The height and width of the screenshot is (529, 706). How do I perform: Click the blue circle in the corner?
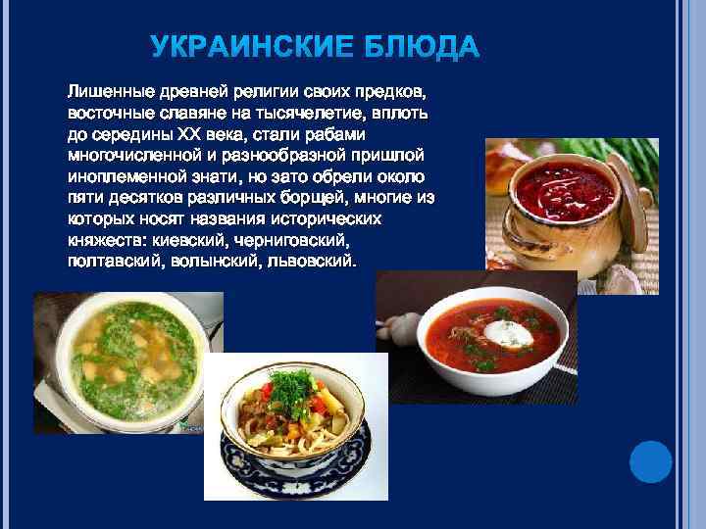(649, 461)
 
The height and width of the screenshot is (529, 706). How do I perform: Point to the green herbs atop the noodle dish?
(291, 388)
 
